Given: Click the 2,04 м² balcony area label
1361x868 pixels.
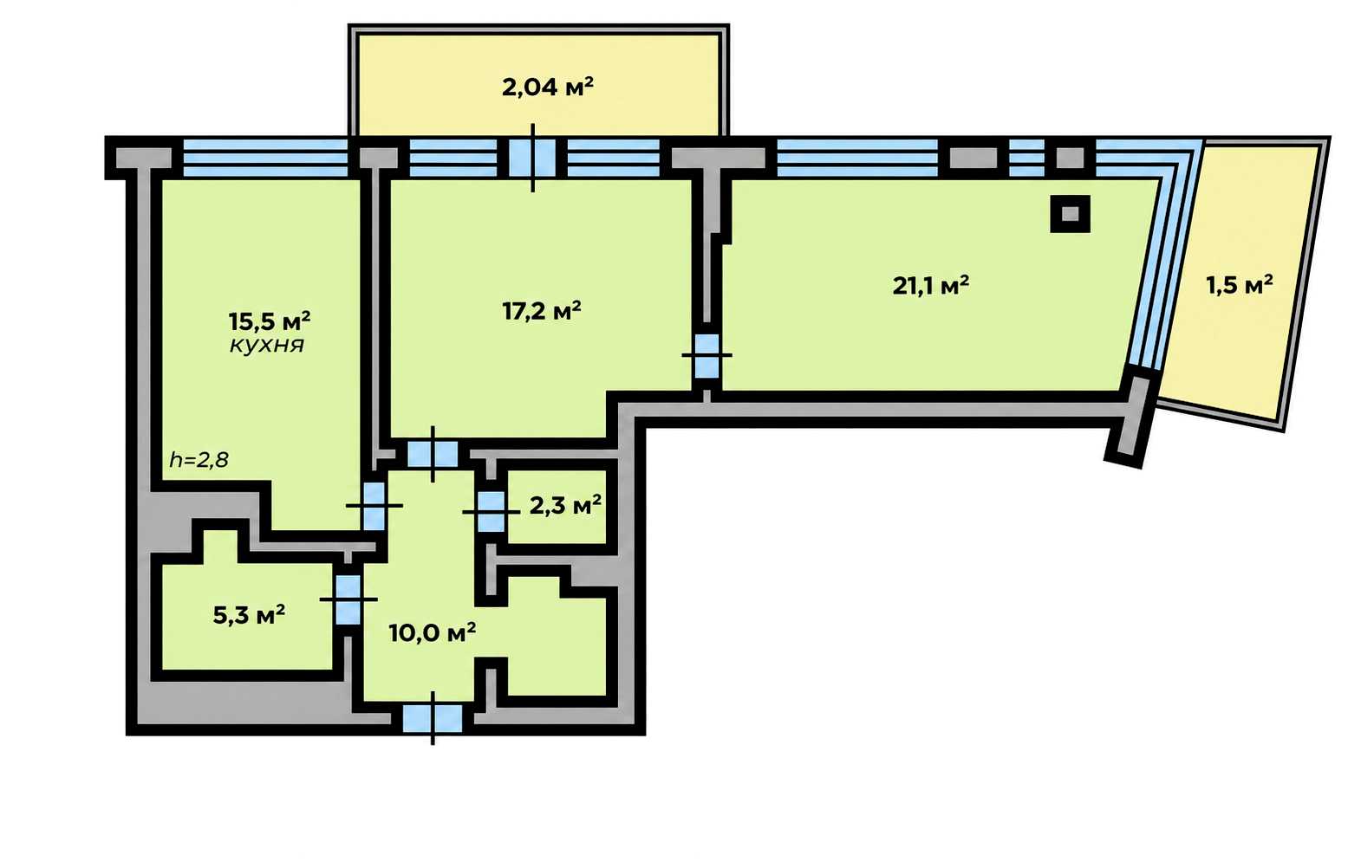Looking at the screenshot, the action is (548, 87).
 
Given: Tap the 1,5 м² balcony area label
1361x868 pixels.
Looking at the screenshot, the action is (1240, 285).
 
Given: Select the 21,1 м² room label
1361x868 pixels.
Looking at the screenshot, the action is (931, 285).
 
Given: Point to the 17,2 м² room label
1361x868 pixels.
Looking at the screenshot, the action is (542, 311).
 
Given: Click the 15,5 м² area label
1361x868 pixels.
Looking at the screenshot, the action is (270, 320).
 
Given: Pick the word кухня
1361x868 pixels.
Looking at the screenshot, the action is (267, 346).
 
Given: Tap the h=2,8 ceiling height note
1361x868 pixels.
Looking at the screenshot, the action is (199, 460).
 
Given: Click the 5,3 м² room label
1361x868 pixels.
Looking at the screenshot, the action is (249, 616).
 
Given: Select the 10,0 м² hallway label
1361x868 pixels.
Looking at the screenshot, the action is (433, 633).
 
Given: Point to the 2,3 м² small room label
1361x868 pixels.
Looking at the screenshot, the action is (566, 504).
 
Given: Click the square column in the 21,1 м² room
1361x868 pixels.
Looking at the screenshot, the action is (1071, 214).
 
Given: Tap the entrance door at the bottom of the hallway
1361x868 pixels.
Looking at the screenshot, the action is (433, 719).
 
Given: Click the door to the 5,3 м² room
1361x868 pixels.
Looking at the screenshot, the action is (348, 599).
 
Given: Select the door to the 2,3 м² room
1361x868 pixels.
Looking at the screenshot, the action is (492, 512).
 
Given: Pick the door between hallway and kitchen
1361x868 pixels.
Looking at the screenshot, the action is (374, 505).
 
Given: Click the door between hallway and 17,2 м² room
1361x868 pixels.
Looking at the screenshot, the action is (433, 454).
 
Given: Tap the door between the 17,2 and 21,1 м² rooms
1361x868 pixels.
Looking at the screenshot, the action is (707, 355).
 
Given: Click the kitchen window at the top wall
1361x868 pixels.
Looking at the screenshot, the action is (265, 158).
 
